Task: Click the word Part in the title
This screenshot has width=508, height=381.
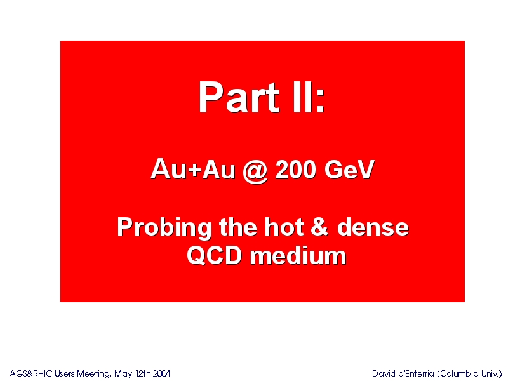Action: tap(239, 97)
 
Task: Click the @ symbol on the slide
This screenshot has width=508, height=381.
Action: tap(255, 170)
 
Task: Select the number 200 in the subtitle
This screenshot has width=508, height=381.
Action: tap(295, 169)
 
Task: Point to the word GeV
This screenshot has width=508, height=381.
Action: tap(349, 169)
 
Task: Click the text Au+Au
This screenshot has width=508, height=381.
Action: tap(193, 169)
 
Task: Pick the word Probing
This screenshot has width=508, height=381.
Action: tap(164, 228)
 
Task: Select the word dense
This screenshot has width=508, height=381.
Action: tap(373, 227)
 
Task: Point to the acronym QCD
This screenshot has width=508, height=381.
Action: tap(215, 256)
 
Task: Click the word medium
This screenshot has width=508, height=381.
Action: tap(298, 256)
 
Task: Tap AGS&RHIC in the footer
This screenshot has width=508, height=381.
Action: tap(30, 373)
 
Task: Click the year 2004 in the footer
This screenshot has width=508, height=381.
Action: tap(161, 373)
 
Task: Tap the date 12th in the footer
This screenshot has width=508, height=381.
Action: tap(144, 373)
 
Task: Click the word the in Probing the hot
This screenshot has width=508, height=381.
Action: tap(239, 227)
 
